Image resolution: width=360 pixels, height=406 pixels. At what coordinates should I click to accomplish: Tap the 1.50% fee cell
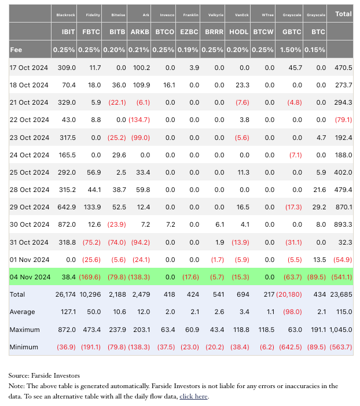pos(288,50)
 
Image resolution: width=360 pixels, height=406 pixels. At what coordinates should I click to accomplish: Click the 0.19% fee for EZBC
pos(189,50)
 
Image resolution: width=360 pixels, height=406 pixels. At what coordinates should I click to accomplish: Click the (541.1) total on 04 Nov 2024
pos(341,277)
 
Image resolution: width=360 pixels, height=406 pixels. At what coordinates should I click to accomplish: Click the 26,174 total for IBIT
pos(65,294)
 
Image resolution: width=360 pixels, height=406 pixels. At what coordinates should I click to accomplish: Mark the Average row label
pos(23,312)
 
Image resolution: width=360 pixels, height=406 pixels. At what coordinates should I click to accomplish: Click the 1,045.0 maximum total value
pos(340,330)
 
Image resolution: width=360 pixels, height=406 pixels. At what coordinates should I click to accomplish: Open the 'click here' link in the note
pos(194,396)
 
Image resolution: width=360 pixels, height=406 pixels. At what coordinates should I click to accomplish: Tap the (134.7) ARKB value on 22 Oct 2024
pos(139,120)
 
